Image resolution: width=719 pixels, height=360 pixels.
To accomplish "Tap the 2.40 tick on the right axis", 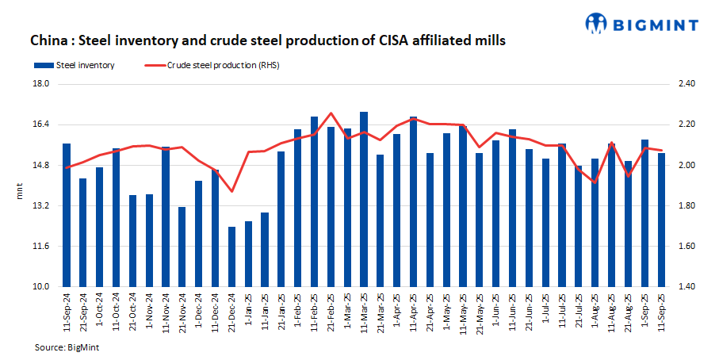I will click(x=687, y=83).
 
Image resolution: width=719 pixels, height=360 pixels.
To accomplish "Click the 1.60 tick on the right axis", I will click(x=687, y=247).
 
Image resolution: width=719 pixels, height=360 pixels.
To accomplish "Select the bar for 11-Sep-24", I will click(x=67, y=215).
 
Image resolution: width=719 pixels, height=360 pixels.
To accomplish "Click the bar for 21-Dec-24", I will click(x=231, y=257).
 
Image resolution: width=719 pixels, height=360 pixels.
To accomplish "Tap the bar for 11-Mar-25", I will click(x=364, y=199).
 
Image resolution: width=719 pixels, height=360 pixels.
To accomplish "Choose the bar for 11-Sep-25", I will click(x=661, y=220).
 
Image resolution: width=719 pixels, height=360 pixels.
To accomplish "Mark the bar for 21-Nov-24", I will click(x=182, y=247).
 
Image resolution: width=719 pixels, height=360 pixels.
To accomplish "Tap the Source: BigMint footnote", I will click(x=67, y=347).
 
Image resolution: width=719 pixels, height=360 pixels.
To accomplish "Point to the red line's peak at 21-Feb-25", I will click(x=331, y=113).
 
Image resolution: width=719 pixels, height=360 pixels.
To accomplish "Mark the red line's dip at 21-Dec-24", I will click(x=231, y=191).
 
